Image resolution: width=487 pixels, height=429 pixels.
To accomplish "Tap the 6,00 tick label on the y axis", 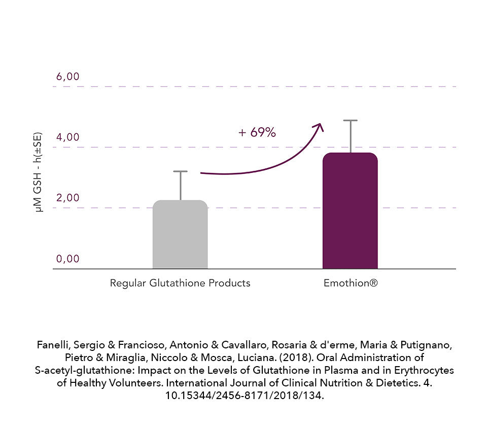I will [68, 77].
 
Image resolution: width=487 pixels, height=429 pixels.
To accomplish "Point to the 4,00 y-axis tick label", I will [68, 137].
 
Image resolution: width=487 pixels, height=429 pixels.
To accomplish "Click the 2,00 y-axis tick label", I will [68, 198].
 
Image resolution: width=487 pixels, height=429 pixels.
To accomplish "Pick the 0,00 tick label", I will [68, 259].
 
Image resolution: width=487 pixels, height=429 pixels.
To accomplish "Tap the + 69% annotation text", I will [257, 133].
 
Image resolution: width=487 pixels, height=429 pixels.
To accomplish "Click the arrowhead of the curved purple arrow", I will [319, 126].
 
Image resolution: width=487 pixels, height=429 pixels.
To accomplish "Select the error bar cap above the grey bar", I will [180, 172].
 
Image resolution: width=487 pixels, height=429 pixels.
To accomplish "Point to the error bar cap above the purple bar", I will [350, 121].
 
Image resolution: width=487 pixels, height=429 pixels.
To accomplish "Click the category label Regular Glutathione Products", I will [180, 283].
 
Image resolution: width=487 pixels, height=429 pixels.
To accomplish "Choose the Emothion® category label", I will [351, 283].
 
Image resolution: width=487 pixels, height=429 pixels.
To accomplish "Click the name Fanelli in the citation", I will [53, 345].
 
